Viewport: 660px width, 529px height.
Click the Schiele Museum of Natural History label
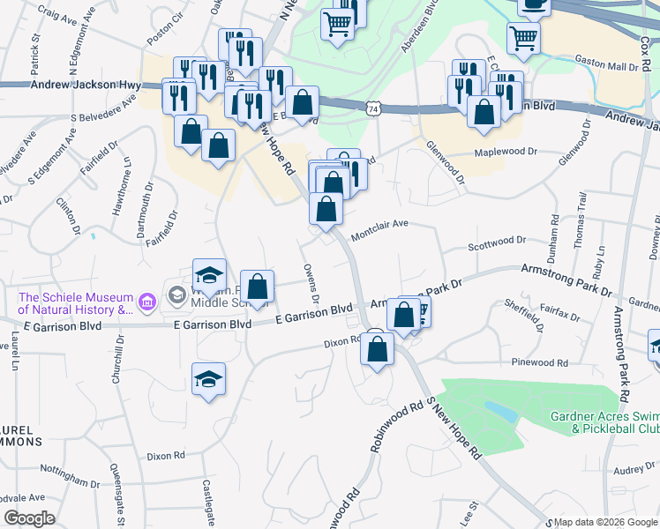click(x=74, y=303)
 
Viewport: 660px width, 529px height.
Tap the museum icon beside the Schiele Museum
click(x=146, y=303)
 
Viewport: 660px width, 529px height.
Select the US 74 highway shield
click(x=374, y=108)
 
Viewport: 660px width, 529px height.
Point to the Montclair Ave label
click(x=379, y=230)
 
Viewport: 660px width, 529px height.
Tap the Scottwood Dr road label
click(x=497, y=240)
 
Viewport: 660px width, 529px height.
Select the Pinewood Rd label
click(x=539, y=362)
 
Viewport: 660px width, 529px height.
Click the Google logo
click(x=30, y=518)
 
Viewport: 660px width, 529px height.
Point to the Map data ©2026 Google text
click(x=604, y=522)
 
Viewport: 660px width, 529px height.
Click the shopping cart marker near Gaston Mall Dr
click(x=523, y=39)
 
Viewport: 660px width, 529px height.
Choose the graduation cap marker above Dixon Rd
click(x=208, y=380)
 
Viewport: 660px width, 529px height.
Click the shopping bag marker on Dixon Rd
click(x=377, y=349)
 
